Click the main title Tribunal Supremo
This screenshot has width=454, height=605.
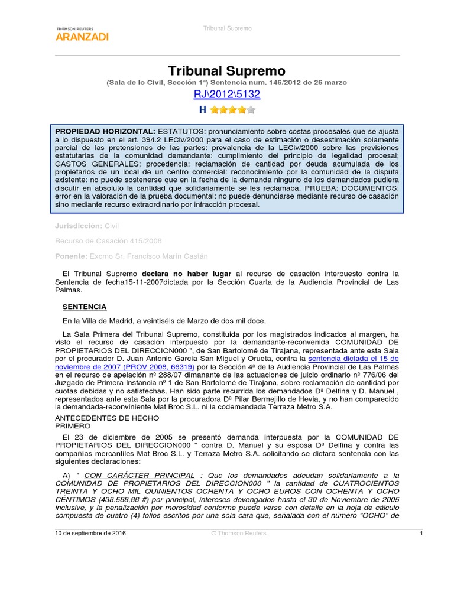tap(227, 71)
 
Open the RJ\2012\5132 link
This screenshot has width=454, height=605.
tap(227, 95)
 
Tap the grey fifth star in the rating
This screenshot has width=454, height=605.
tap(251, 110)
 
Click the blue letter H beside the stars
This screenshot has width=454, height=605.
tap(203, 110)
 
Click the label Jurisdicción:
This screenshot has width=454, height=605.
tap(78, 226)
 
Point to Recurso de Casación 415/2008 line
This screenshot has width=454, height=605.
tap(108, 241)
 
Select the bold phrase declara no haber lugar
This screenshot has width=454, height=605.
tap(187, 274)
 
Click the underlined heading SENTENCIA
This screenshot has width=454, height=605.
tap(85, 307)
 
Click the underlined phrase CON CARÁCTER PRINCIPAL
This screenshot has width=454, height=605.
tap(140, 475)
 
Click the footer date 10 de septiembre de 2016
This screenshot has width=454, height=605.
tap(90, 533)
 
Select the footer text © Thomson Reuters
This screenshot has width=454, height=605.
tap(239, 533)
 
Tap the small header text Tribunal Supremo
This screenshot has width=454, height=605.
tap(227, 28)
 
